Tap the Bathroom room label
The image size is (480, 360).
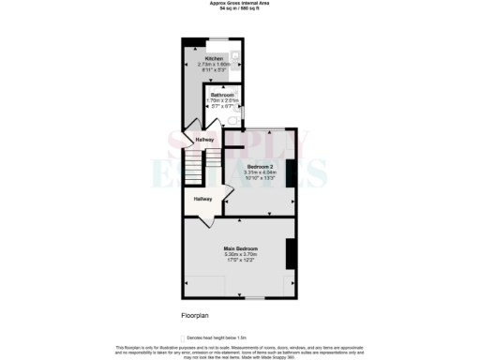(x=222, y=96)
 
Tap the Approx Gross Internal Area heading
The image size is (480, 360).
(x=239, y=4)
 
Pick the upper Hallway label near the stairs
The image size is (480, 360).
(x=204, y=141)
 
